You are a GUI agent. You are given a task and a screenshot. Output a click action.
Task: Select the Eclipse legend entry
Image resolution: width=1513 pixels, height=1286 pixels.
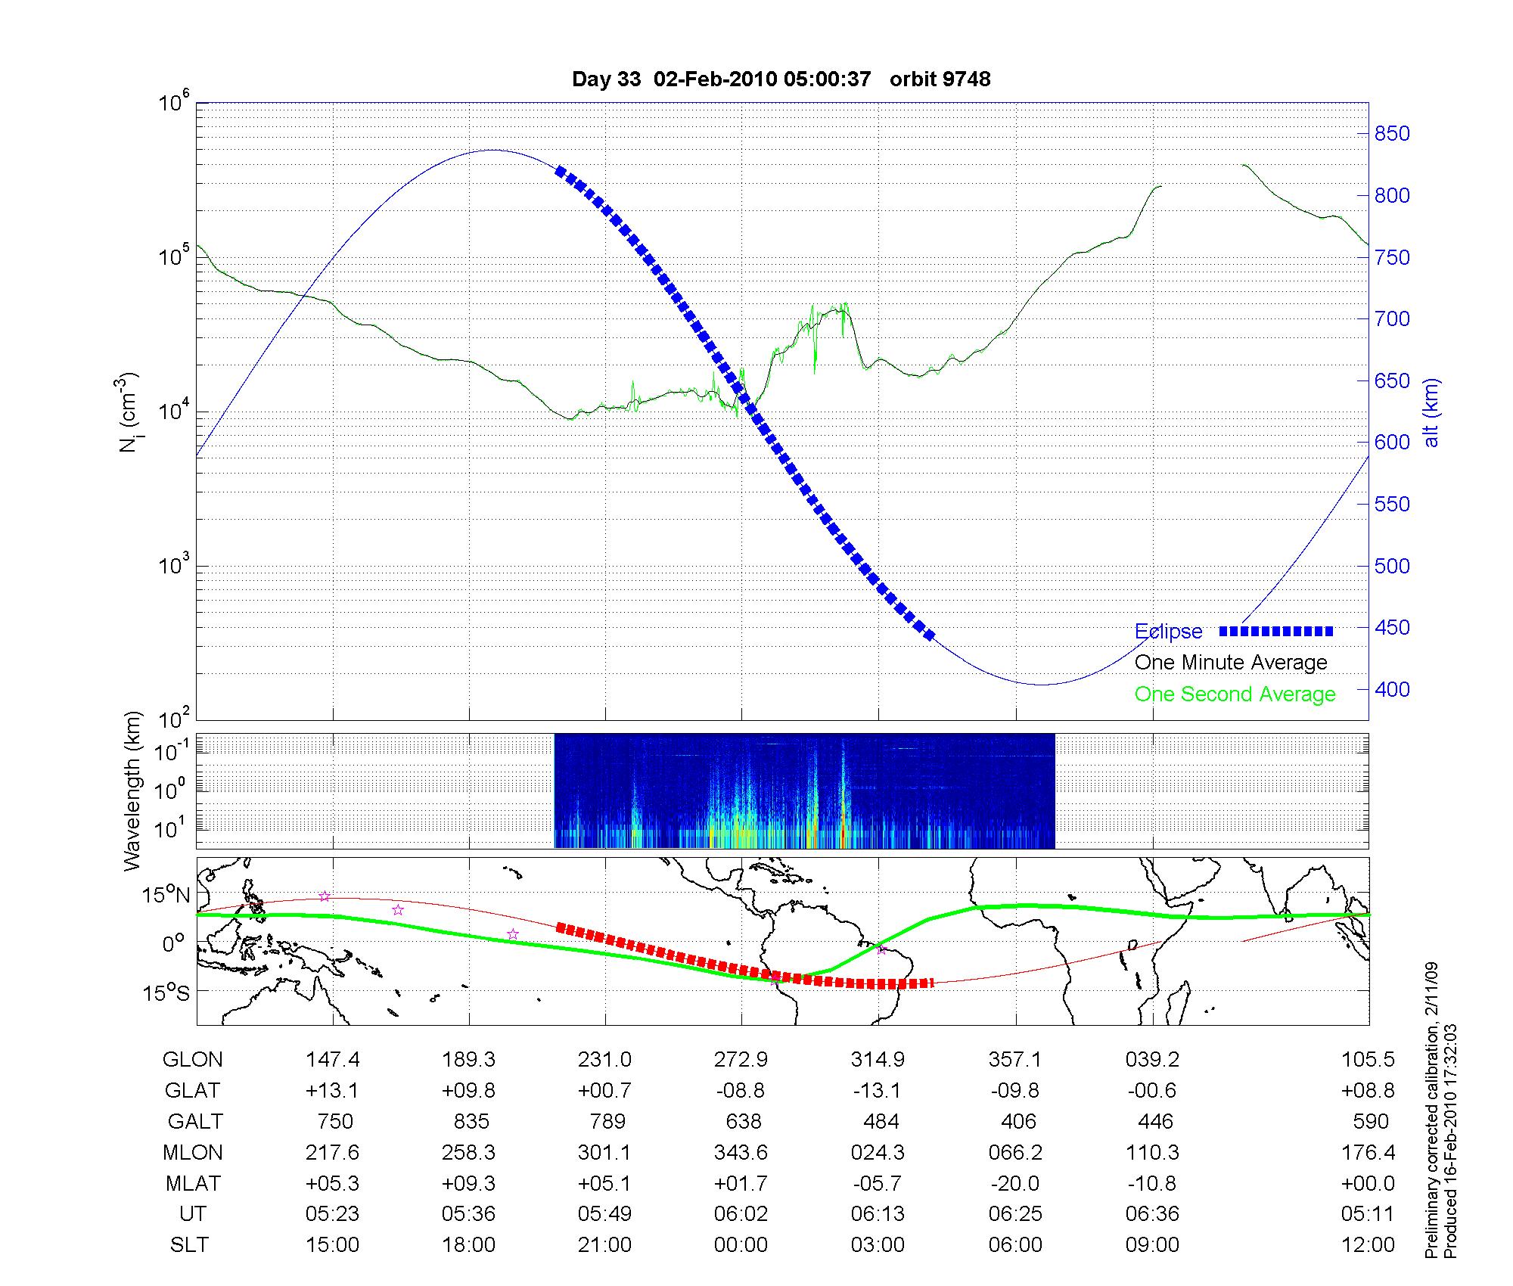tap(1168, 632)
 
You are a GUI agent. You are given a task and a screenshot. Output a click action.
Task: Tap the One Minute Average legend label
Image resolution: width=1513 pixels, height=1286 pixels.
tap(1231, 663)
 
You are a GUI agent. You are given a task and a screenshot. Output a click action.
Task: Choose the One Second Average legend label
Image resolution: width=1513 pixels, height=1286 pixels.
tap(1235, 694)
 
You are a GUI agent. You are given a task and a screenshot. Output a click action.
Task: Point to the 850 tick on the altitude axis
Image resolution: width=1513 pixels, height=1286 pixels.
tap(1392, 134)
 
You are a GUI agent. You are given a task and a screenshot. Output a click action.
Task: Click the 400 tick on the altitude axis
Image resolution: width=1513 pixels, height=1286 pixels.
tap(1392, 689)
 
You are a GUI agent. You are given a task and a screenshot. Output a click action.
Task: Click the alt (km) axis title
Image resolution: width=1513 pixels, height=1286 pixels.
tap(1431, 412)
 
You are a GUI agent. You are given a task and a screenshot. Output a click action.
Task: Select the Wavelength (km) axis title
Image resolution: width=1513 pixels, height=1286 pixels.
tap(132, 791)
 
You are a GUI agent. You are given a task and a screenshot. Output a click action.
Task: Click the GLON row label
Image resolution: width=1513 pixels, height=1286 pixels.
tap(192, 1060)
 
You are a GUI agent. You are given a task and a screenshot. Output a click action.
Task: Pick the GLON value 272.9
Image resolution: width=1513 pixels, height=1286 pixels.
tap(741, 1060)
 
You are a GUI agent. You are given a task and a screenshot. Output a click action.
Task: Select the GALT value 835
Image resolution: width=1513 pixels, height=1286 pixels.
tap(471, 1121)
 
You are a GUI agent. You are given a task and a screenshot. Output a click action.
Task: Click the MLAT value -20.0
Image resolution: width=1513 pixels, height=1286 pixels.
tap(1015, 1183)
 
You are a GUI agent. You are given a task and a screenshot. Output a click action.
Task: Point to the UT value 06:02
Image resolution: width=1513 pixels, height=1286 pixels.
tap(741, 1214)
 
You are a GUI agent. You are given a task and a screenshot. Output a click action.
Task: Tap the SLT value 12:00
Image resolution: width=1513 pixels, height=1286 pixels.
tap(1367, 1245)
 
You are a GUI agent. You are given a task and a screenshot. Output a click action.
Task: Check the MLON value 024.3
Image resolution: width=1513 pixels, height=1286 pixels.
tap(878, 1152)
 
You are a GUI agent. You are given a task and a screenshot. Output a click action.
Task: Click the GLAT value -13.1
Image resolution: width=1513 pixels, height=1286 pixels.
tap(878, 1091)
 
